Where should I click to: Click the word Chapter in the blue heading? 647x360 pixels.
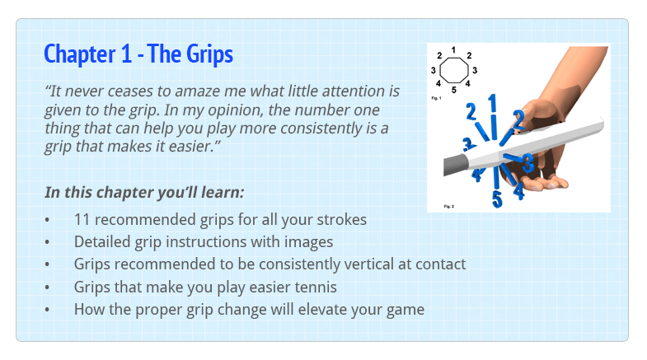coord(80,54)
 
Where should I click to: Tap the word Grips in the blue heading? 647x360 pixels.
coord(209,55)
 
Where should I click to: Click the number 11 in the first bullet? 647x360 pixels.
coord(82,219)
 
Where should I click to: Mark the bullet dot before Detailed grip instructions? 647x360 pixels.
coord(47,242)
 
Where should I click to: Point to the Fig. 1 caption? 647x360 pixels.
coord(436,98)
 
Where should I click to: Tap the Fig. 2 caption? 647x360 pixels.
coord(449,206)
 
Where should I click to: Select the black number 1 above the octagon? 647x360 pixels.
coord(453,50)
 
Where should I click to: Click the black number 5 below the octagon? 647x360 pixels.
coord(454,90)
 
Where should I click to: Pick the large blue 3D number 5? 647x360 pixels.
coord(497,199)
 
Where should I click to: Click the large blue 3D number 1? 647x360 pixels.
coord(492,104)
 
